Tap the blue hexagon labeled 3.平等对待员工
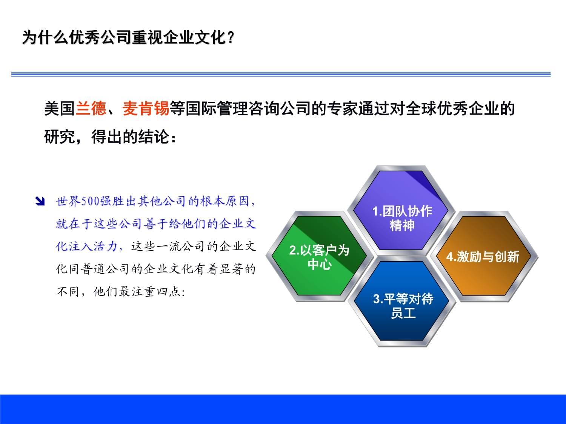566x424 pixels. point(403,305)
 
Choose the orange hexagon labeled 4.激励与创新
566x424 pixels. point(483,257)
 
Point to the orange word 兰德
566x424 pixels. point(91,109)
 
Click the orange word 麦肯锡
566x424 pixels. point(146,109)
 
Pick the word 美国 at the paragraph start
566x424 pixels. point(60,109)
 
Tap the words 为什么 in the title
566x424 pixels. point(46,38)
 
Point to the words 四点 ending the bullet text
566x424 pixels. point(169,291)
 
